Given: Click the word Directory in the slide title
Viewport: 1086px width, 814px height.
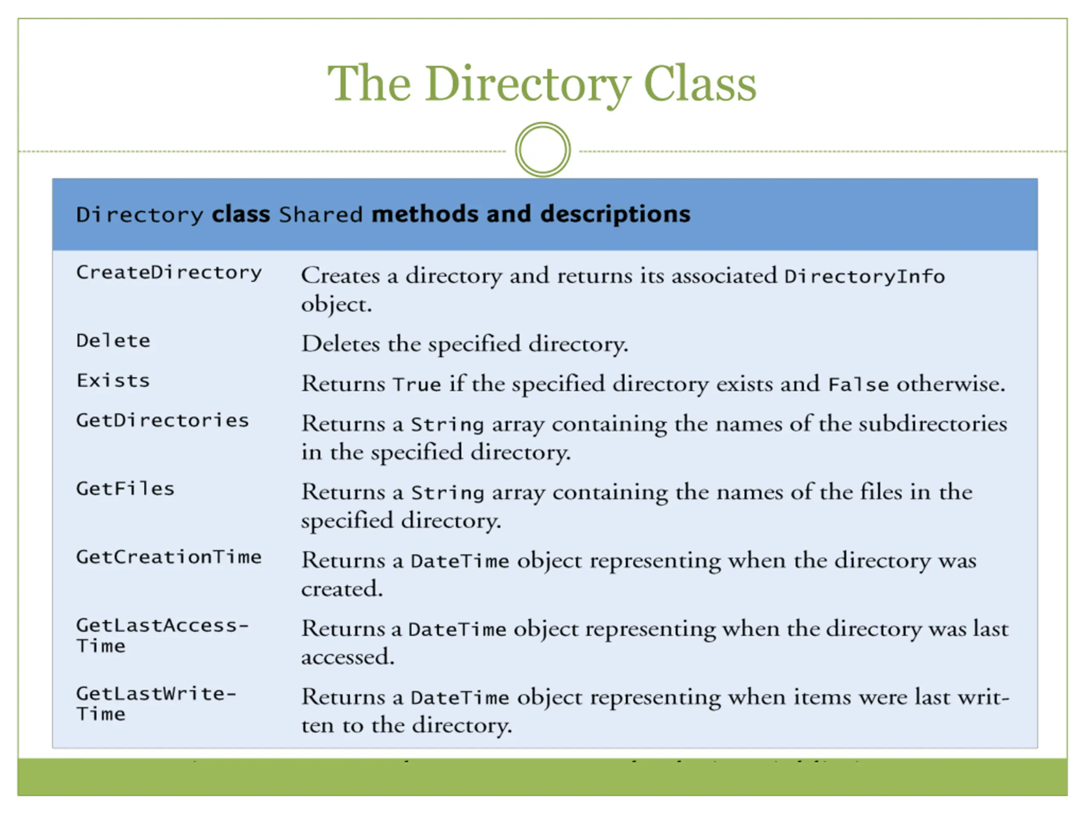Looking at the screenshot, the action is (528, 84).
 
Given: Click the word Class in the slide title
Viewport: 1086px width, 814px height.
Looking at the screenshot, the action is (700, 84).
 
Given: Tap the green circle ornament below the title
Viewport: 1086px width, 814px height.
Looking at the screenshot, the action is (543, 150).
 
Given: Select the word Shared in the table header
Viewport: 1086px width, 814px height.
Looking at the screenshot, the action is (321, 215).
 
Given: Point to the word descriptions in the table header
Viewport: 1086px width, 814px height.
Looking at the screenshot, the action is (615, 215).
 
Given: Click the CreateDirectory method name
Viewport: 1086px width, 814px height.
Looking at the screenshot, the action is (169, 273).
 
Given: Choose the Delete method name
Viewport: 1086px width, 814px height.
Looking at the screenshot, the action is (113, 341).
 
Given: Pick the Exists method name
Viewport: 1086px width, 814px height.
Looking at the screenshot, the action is (113, 381).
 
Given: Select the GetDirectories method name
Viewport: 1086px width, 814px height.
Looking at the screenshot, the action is (162, 421).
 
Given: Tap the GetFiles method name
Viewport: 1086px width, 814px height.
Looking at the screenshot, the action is (125, 489).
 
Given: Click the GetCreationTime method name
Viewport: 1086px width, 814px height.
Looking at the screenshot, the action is (169, 557).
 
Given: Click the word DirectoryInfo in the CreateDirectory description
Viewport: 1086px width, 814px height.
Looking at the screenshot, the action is (864, 277).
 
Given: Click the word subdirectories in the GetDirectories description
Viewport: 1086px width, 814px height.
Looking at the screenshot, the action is (932, 424).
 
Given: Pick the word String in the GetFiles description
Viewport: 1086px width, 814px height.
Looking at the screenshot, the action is (447, 493).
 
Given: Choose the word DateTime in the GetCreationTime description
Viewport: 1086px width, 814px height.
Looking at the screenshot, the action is (459, 561).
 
